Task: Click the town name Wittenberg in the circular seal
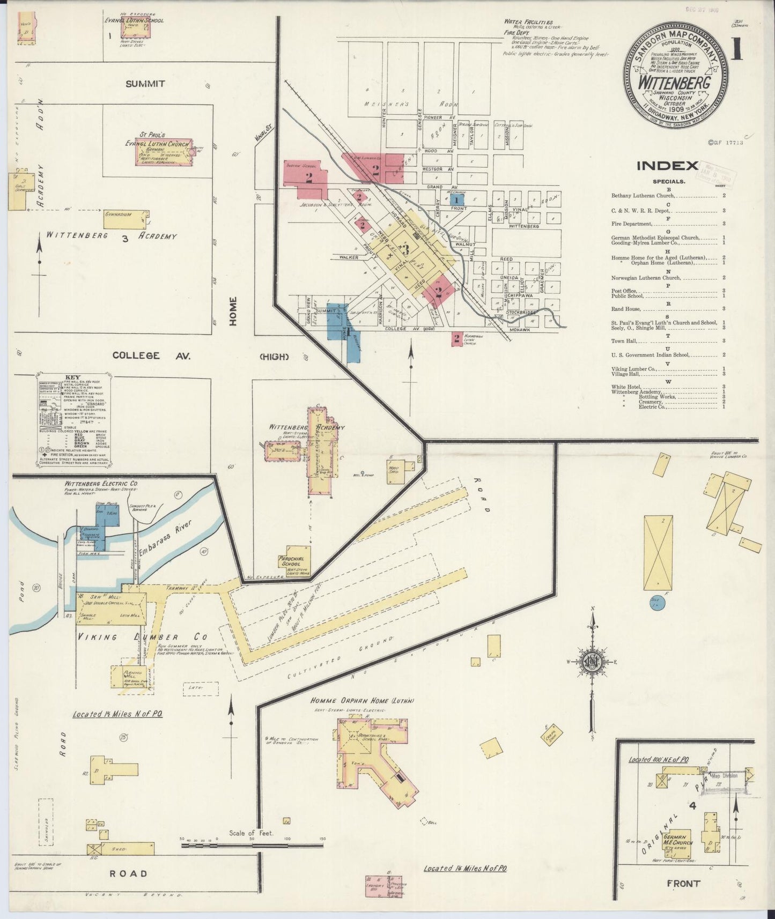point(674,83)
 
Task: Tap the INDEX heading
point(667,166)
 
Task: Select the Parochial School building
point(294,560)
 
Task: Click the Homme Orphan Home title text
point(362,700)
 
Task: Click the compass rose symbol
point(592,661)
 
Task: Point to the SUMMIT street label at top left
point(145,84)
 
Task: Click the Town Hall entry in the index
point(624,340)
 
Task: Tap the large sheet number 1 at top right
point(736,50)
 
